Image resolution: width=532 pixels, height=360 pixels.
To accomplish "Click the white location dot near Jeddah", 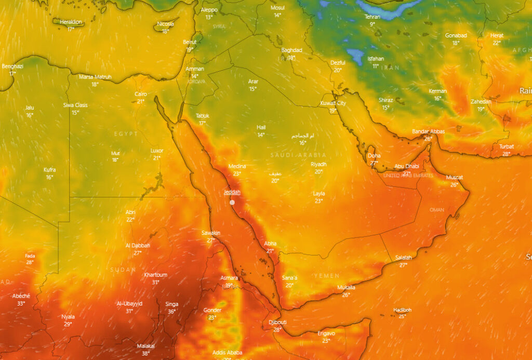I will coord(232,202).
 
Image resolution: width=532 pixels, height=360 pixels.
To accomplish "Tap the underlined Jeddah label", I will coord(232,192).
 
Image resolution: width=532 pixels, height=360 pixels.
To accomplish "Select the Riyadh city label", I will coord(318,164).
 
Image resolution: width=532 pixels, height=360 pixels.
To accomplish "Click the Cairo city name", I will coord(141,94).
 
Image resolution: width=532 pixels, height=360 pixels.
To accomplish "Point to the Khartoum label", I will coord(156,275).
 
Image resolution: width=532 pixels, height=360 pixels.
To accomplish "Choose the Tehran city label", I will coord(373,17).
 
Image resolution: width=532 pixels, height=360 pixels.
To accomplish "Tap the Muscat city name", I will coord(455,177).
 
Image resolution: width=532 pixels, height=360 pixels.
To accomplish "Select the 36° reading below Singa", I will coord(171,312).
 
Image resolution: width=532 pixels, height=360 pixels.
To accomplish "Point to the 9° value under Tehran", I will coord(373,24).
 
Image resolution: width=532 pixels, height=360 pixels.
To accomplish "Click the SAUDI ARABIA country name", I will coord(298,155).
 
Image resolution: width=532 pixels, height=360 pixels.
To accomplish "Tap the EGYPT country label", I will coord(126,134).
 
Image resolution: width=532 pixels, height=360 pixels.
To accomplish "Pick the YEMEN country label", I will coord(327,275).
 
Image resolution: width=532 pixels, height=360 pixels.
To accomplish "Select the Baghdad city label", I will coord(291,50).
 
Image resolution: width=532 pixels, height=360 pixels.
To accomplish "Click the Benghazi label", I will coord(12,66).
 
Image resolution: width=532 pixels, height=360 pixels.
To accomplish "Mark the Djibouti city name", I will coord(277,322).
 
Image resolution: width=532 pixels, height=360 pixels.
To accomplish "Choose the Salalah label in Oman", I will coord(404,258).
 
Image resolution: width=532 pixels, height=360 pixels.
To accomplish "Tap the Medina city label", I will coord(237,166).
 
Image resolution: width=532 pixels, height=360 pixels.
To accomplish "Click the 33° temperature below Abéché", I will coord(21,303).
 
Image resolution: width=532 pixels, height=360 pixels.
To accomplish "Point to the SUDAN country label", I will coord(123,270).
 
